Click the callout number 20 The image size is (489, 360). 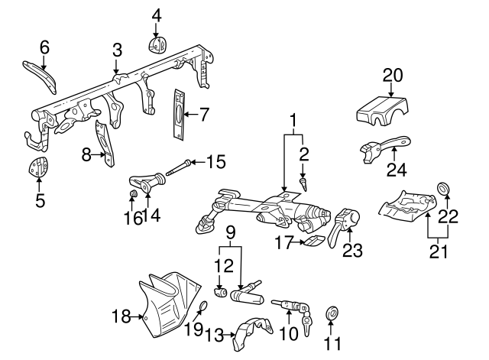(392, 75)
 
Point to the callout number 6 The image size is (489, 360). (44, 47)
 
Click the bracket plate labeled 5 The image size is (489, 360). (37, 170)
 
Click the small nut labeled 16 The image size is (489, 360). (133, 200)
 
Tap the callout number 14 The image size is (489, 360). (156, 216)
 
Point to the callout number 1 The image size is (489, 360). (293, 120)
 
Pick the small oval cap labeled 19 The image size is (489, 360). (202, 308)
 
